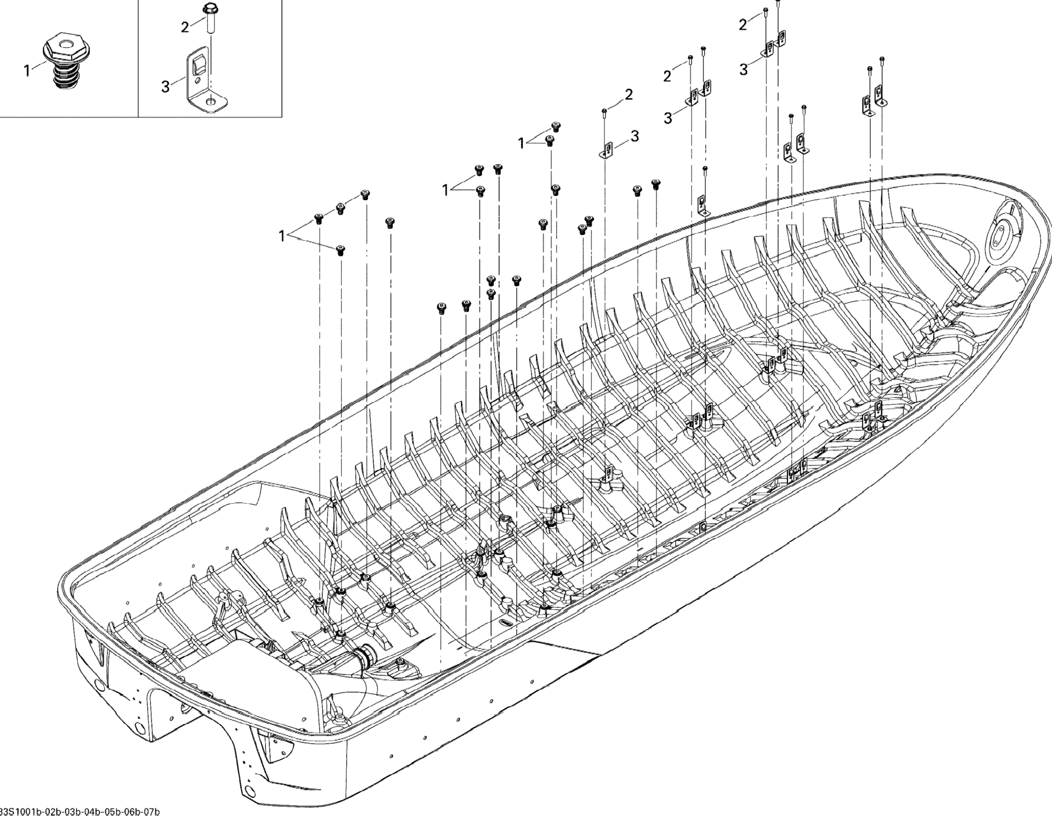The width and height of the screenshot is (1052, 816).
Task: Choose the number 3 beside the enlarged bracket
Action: (166, 87)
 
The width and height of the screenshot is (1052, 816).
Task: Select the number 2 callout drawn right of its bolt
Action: (628, 94)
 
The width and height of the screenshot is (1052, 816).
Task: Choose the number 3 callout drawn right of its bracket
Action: (635, 136)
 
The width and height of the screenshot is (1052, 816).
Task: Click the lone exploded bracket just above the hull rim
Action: (704, 205)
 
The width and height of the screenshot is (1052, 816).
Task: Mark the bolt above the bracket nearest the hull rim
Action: (705, 168)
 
